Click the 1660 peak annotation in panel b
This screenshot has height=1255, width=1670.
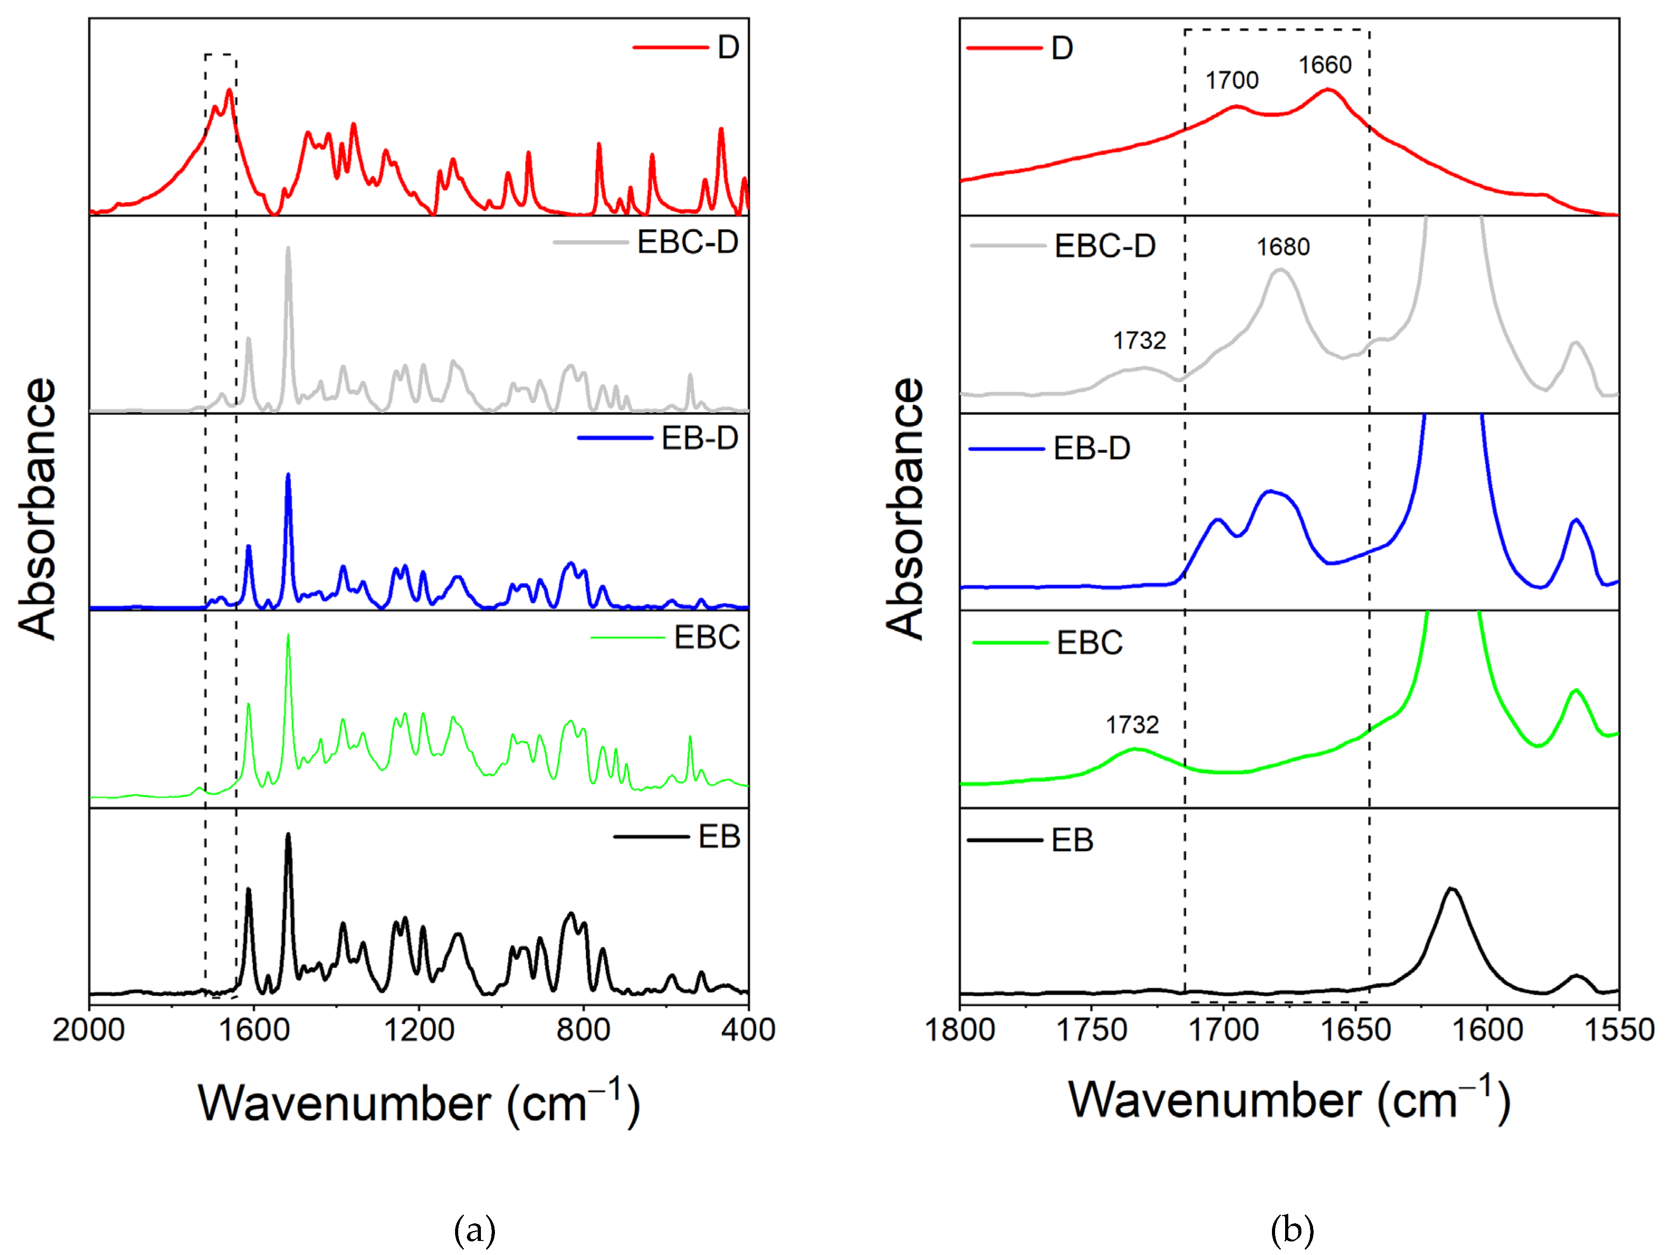coord(1325,66)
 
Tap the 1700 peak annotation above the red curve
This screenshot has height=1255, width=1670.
coord(1232,80)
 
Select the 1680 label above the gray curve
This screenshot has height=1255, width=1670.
coord(1283,247)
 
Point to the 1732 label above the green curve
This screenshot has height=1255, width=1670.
coord(1132,725)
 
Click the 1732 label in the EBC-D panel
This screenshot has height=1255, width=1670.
coord(1139,341)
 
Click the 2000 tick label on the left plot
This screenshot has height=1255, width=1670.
coord(88,1030)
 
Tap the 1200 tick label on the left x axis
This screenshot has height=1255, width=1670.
coord(418,1030)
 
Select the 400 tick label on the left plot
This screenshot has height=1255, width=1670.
coord(748,1030)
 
